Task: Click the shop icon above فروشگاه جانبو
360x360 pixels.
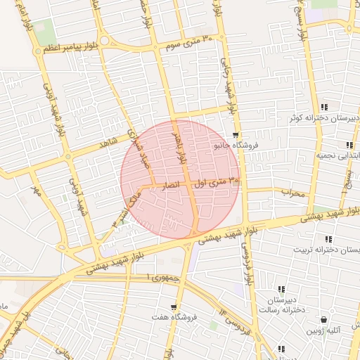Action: tap(236, 135)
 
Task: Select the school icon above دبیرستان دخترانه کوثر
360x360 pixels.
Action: tap(323, 107)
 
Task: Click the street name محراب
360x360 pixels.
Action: tap(290, 191)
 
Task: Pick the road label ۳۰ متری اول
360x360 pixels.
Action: tap(217, 182)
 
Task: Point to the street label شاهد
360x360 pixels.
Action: tap(107, 143)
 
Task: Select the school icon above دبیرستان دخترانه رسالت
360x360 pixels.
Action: tap(281, 289)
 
